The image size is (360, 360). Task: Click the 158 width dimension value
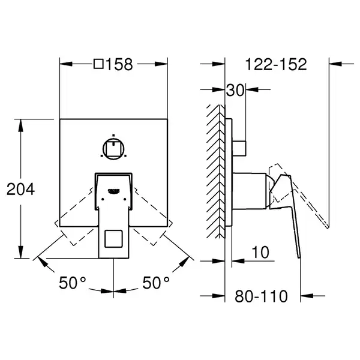pos(119,64)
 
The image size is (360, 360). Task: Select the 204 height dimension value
pos(20,190)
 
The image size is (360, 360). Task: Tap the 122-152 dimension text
pos(276,64)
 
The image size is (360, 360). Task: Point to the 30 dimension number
pos(235,90)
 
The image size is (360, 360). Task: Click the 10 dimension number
pos(260,253)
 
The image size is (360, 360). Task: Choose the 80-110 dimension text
pos(261,296)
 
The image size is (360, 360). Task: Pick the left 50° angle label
pos(73,283)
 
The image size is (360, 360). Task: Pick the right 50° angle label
pos(156,283)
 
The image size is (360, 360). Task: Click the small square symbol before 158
pos(98,64)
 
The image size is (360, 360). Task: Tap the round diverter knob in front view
pos(113,149)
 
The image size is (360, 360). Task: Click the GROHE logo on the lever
pos(114,190)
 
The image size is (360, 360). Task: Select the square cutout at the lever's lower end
pos(113,239)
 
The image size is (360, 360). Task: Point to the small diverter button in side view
pos(239,148)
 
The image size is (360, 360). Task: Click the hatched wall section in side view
pos(215,172)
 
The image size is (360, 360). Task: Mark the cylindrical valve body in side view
pos(249,191)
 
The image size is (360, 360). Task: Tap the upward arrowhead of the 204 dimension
pos(20,125)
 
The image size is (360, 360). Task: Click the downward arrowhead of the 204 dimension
pos(20,252)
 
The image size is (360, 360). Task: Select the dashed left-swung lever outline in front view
pos(74,217)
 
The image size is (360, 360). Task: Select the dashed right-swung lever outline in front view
pos(152,217)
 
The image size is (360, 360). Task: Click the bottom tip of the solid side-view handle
pos(299,257)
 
